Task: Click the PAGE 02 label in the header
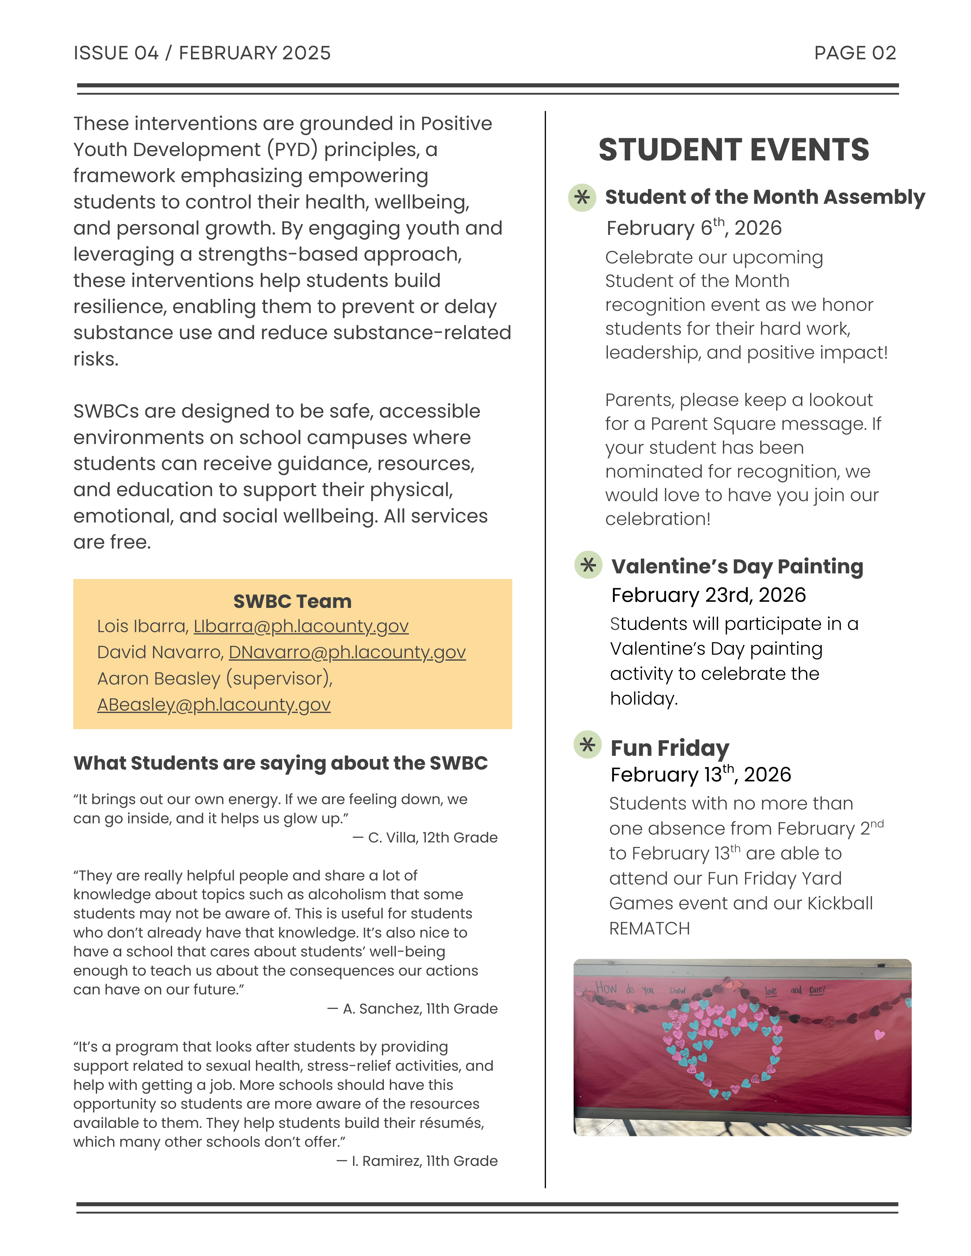(x=855, y=53)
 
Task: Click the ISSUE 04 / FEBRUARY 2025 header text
(x=202, y=53)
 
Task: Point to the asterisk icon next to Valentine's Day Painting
(x=588, y=565)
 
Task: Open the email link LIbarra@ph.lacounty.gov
(x=301, y=626)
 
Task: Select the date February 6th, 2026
(x=694, y=228)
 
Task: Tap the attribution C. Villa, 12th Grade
(x=432, y=837)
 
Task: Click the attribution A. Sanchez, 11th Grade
(x=419, y=1008)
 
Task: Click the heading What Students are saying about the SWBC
(x=280, y=763)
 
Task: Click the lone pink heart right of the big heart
(x=879, y=1035)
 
